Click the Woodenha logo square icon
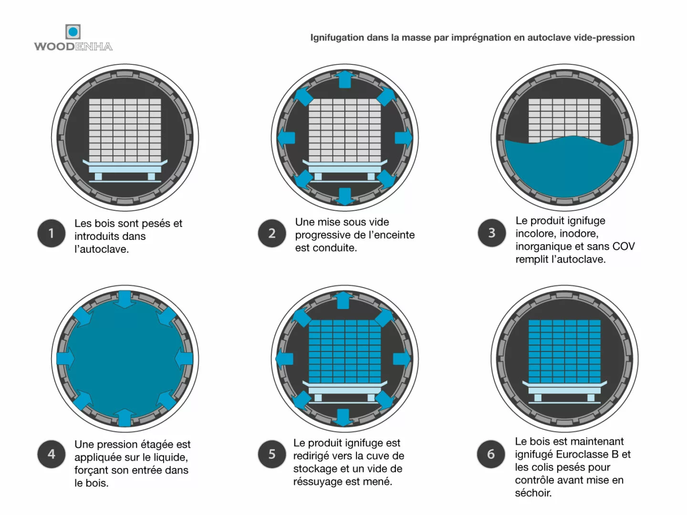click(x=73, y=32)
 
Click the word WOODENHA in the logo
click(x=73, y=46)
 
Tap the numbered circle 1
click(x=52, y=233)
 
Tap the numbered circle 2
click(x=271, y=233)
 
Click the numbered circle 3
click(x=491, y=233)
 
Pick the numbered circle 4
click(x=52, y=454)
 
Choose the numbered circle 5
click(x=271, y=454)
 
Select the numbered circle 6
click(x=491, y=454)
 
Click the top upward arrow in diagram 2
click(x=344, y=80)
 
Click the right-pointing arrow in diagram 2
click(x=403, y=138)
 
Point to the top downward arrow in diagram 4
click(x=125, y=299)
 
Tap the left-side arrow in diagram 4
click(x=65, y=359)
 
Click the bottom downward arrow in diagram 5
click(x=343, y=417)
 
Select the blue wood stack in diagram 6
click(x=564, y=351)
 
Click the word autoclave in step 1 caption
click(x=105, y=249)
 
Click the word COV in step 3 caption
click(x=623, y=247)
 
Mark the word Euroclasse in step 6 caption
click(x=582, y=454)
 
